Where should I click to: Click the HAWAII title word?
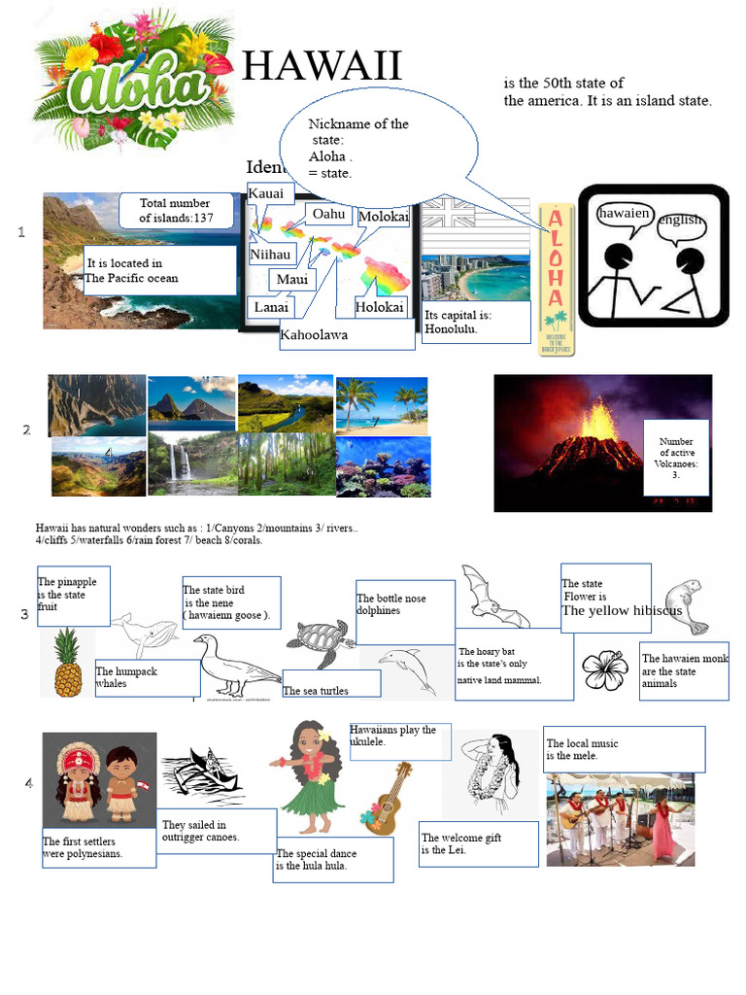click(x=322, y=67)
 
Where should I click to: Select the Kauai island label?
click(x=266, y=193)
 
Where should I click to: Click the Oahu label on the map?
click(x=329, y=214)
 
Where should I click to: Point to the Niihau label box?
click(x=270, y=255)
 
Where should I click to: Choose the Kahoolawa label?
click(x=314, y=335)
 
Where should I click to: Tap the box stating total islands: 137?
click(x=176, y=211)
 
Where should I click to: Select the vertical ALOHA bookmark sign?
click(x=556, y=278)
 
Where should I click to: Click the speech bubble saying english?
click(x=680, y=220)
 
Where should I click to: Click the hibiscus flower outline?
click(x=604, y=670)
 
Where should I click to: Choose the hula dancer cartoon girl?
click(x=310, y=777)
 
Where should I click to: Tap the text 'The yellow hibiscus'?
click(x=622, y=611)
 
